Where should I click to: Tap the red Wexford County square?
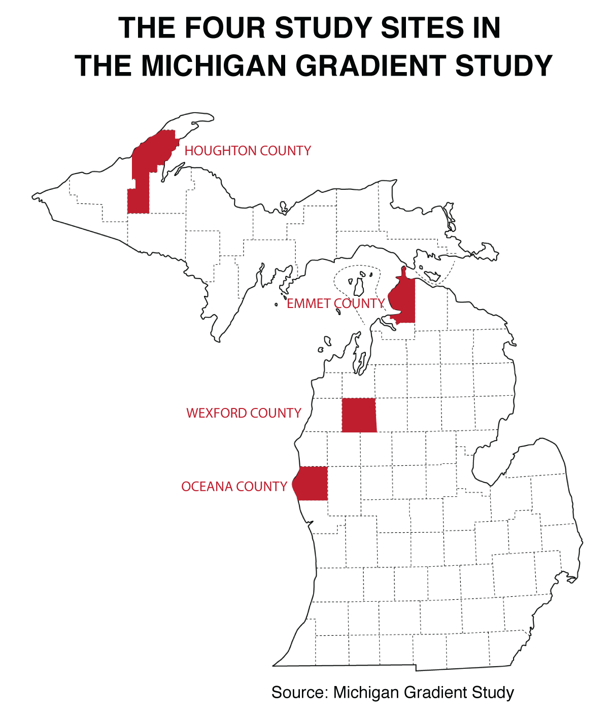(x=359, y=415)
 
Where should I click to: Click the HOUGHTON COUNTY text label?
(x=248, y=151)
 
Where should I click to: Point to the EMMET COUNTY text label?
(x=335, y=303)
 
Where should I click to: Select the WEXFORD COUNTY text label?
(x=244, y=413)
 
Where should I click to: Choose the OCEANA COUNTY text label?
(x=234, y=487)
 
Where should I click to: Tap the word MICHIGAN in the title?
(x=214, y=66)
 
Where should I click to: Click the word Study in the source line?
(x=493, y=693)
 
